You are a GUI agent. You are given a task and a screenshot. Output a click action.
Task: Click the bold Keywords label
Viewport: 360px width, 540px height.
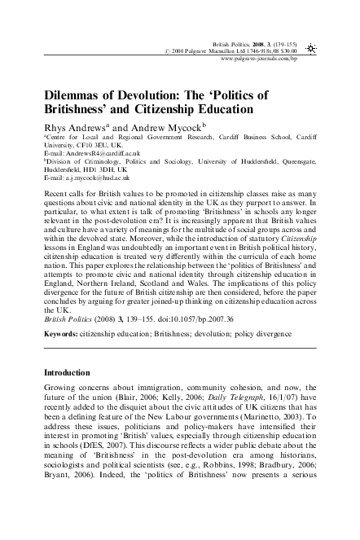[62, 333]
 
